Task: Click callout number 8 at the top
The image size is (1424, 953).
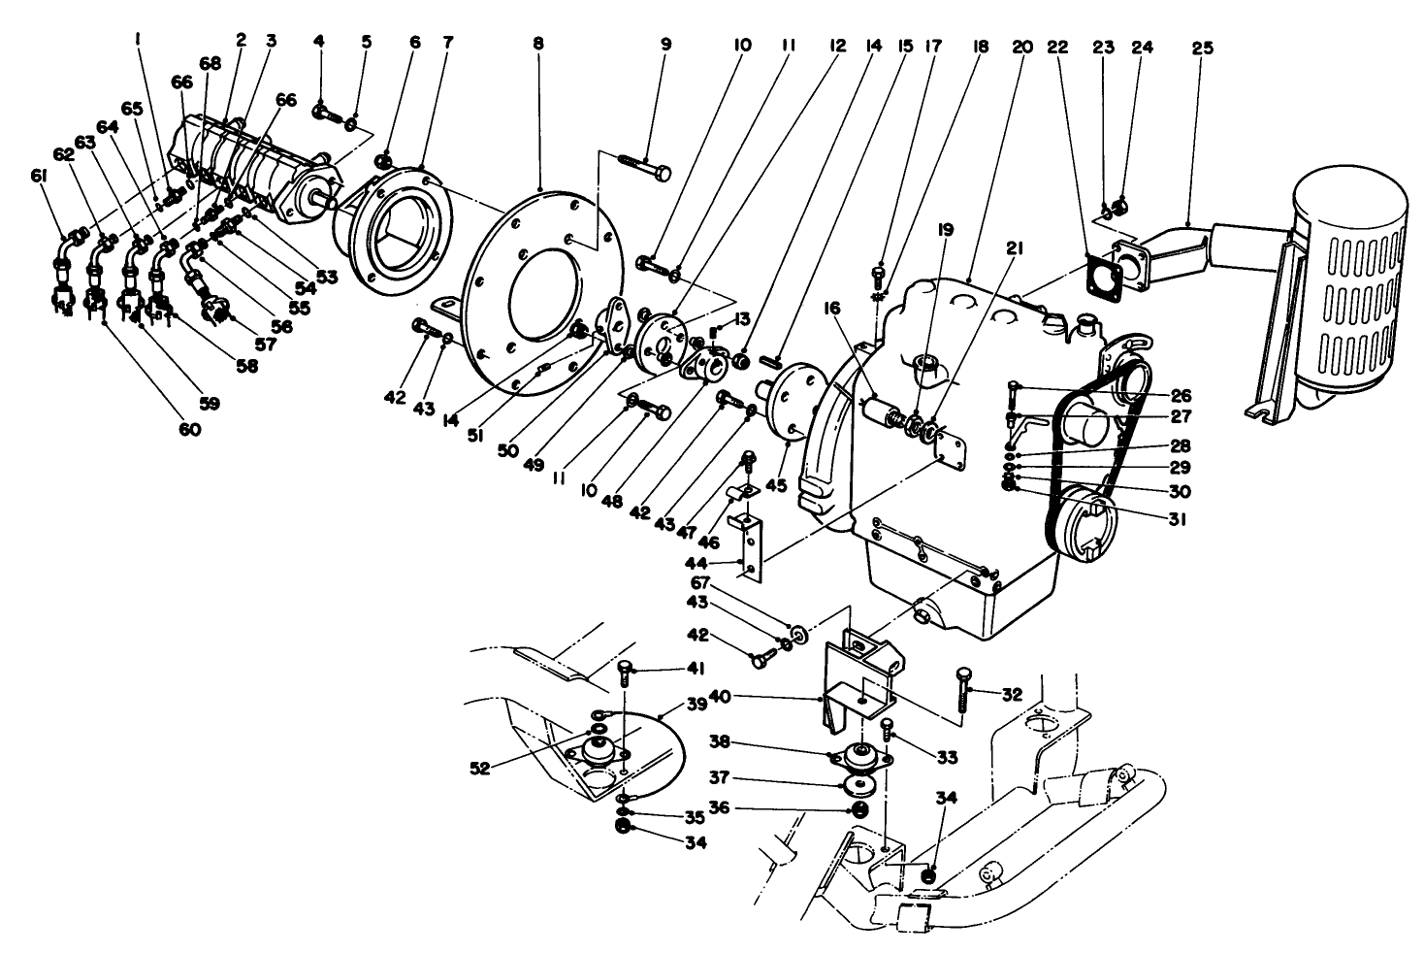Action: (x=538, y=44)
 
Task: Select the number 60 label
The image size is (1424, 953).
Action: (x=189, y=428)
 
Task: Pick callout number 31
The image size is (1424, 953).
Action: (x=1179, y=519)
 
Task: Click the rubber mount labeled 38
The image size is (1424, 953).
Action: (x=858, y=757)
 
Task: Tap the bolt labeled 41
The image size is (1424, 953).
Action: (x=625, y=669)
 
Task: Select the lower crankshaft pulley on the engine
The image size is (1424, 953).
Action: (x=1084, y=525)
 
